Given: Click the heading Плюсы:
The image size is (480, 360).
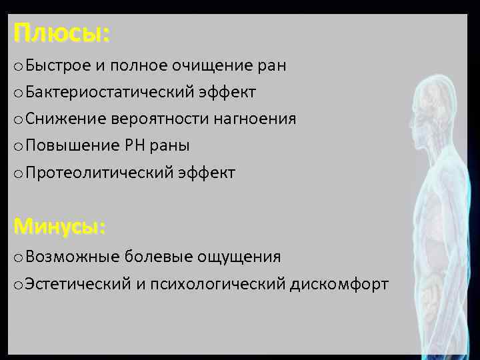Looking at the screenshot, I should coord(61,33).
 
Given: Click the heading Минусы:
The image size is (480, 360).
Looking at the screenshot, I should coord(59,227).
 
